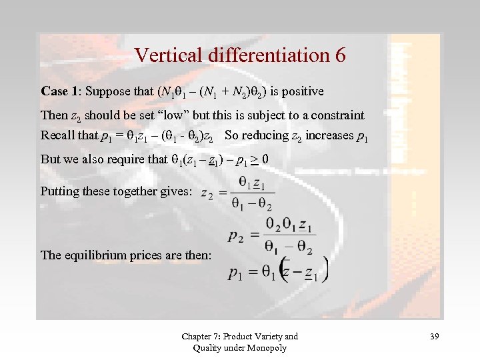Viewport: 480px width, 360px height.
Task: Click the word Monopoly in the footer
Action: [267, 347]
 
